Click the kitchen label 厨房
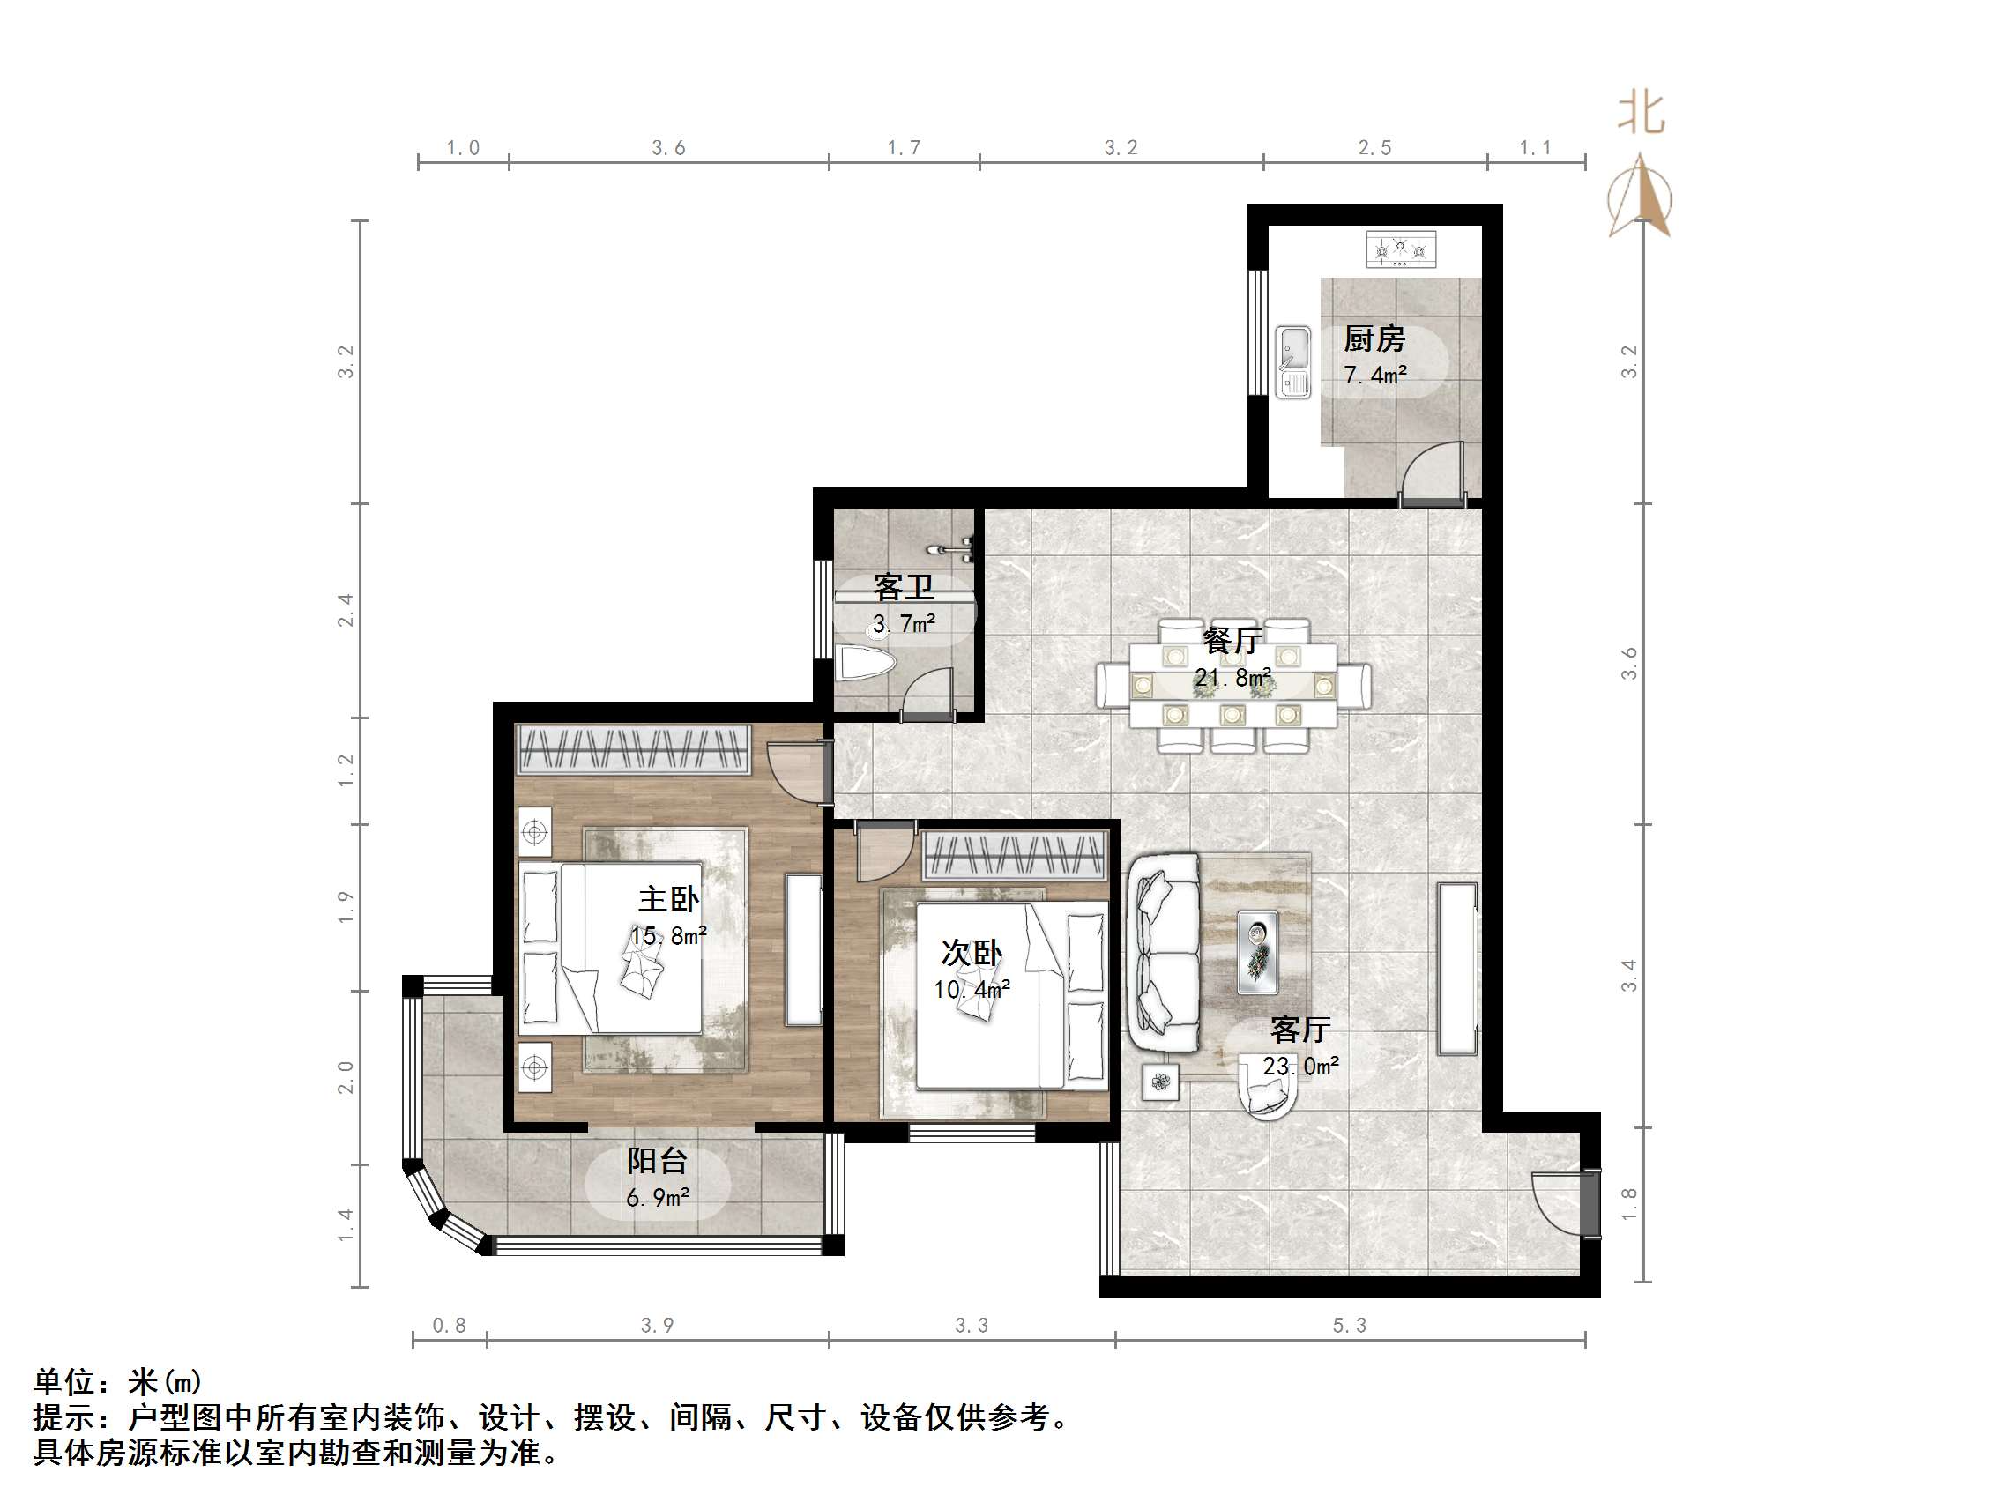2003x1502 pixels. click(1374, 339)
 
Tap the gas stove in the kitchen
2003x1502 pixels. click(1400, 249)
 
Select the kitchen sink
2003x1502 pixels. click(1292, 361)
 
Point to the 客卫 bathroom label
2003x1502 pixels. click(903, 588)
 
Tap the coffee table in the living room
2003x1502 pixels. click(1258, 952)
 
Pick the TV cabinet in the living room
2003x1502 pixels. click(1457, 968)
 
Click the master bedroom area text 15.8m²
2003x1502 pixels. click(668, 935)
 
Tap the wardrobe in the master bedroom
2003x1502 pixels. click(633, 748)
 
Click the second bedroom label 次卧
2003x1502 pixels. click(972, 953)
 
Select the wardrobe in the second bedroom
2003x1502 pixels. click(1014, 856)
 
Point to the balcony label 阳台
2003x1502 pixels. click(658, 1161)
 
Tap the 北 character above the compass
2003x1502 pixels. click(1641, 114)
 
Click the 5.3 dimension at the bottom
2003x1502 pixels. click(1349, 1326)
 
